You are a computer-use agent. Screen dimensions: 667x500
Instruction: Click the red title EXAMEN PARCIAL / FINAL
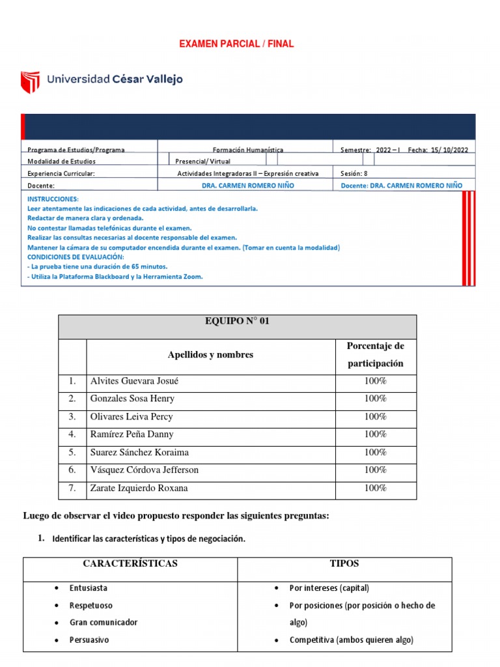pos(236,44)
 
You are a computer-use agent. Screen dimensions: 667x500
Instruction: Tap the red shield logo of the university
pos(30,82)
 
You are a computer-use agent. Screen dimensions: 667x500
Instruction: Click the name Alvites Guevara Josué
pos(134,381)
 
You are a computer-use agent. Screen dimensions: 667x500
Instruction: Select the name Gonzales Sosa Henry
pos(132,399)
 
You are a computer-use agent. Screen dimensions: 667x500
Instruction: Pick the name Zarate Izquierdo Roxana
pos(139,488)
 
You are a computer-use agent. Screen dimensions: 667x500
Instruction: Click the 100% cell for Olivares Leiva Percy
pos(375,416)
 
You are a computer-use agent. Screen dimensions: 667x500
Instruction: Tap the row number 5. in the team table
pos(72,452)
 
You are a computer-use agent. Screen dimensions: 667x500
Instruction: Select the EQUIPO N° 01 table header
pos(237,321)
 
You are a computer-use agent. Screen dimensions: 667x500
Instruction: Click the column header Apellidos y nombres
pos(210,355)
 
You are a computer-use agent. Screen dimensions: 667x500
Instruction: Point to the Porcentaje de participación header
pos(375,354)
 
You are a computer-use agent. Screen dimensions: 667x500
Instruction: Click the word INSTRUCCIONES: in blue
pos(53,199)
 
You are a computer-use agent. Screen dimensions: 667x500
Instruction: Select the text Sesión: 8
pos(354,174)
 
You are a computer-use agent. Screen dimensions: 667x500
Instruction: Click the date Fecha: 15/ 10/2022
pos(437,150)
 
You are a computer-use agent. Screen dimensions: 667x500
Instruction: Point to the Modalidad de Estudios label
pos(61,162)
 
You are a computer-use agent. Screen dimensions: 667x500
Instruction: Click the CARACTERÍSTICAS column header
pos(130,563)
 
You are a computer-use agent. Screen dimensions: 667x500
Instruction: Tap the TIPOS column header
pos(344,563)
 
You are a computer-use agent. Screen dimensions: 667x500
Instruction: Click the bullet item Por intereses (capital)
pos(329,588)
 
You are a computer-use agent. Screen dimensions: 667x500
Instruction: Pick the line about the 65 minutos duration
pos(97,266)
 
